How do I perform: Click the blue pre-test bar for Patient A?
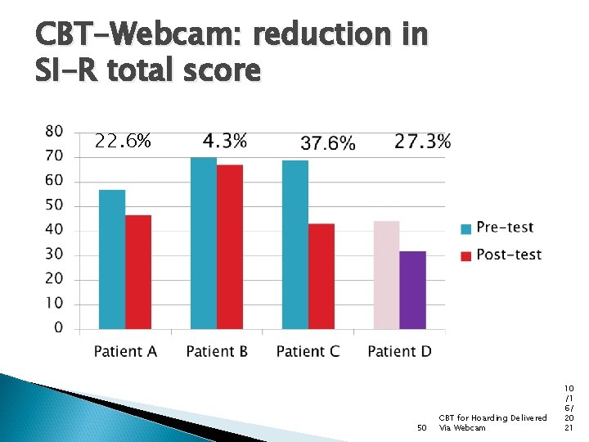point(112,259)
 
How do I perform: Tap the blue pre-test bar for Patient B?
point(204,243)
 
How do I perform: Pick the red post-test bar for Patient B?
point(230,246)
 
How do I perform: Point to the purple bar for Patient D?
point(413,290)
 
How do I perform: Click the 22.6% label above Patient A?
point(123,142)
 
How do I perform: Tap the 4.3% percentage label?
point(225,141)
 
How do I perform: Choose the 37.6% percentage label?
point(328,143)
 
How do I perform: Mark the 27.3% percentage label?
point(422,141)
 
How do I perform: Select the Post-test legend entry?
point(508,255)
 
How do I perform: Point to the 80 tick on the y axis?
point(53,131)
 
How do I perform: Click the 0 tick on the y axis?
point(58,328)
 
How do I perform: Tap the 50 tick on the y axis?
point(53,205)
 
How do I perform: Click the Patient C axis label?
point(308,352)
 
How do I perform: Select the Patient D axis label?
point(399,352)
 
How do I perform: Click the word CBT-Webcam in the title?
point(139,34)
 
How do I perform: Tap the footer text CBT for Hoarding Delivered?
point(492,418)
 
